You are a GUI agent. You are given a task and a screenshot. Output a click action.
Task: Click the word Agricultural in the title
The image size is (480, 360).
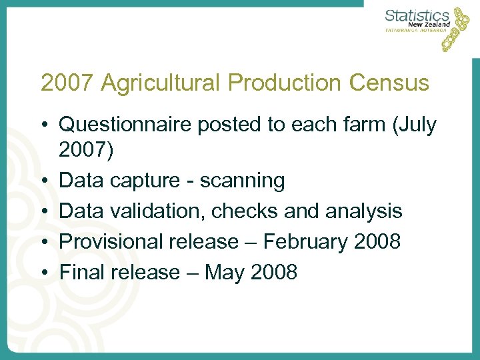point(157,83)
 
